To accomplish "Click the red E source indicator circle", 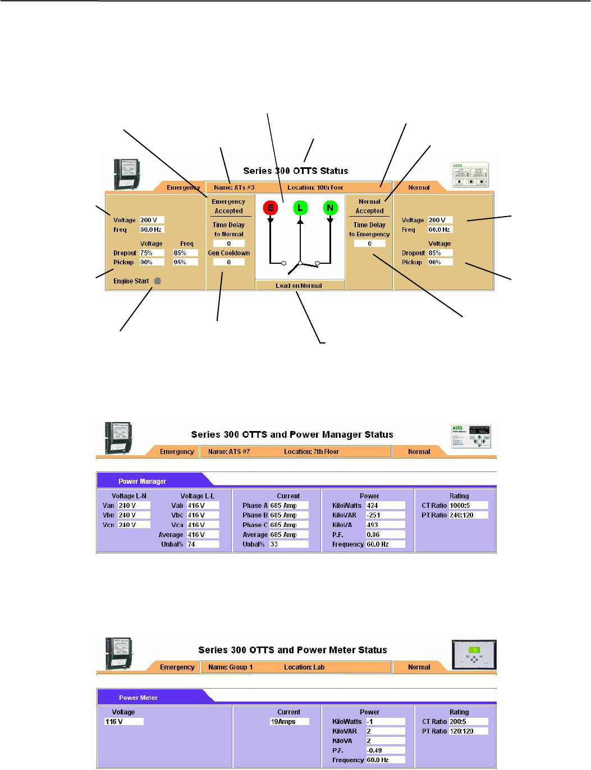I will pyautogui.click(x=271, y=208).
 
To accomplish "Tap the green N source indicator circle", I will pyautogui.click(x=330, y=208).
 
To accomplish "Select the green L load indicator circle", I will pyautogui.click(x=300, y=208).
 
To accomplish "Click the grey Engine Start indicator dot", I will pyautogui.click(x=158, y=281).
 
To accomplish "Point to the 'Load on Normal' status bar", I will pyautogui.click(x=299, y=286).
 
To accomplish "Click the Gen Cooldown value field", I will pyautogui.click(x=228, y=262).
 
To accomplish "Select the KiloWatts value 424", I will pyautogui.click(x=384, y=506).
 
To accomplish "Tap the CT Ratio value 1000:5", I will pyautogui.click(x=468, y=506).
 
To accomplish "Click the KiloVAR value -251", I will pyautogui.click(x=384, y=515).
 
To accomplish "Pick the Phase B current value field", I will pyautogui.click(x=288, y=515).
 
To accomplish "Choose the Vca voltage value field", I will pyautogui.click(x=202, y=525).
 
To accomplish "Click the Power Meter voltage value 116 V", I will pyautogui.click(x=123, y=722).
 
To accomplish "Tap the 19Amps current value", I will pyautogui.click(x=288, y=722).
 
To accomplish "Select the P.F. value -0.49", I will pyautogui.click(x=384, y=750).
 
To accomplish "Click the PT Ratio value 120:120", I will pyautogui.click(x=468, y=731).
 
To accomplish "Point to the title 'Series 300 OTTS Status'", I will pyautogui.click(x=295, y=171).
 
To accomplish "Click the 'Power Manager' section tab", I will pyautogui.click(x=142, y=482).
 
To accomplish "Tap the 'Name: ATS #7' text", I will pyautogui.click(x=229, y=452).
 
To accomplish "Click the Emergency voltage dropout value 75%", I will pyautogui.click(x=152, y=253).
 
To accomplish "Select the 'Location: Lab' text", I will pyautogui.click(x=304, y=667).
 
